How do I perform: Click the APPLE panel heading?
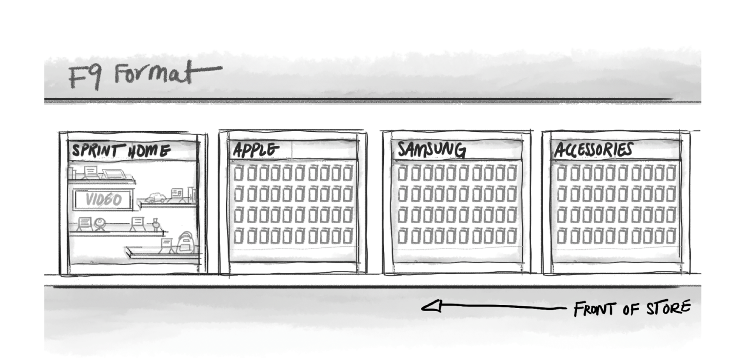pyautogui.click(x=256, y=150)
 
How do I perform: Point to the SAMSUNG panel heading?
pyautogui.click(x=431, y=150)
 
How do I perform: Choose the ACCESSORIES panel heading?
pyautogui.click(x=593, y=150)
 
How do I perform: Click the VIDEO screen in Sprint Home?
pyautogui.click(x=104, y=200)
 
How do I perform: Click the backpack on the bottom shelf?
pyautogui.click(x=186, y=243)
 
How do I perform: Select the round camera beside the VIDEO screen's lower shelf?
pyautogui.click(x=100, y=224)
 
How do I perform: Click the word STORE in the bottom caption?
pyautogui.click(x=668, y=308)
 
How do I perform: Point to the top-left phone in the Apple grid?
pyautogui.click(x=238, y=173)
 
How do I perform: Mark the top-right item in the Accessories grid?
pyautogui.click(x=671, y=173)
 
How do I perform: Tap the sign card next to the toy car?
pyautogui.click(x=177, y=194)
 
